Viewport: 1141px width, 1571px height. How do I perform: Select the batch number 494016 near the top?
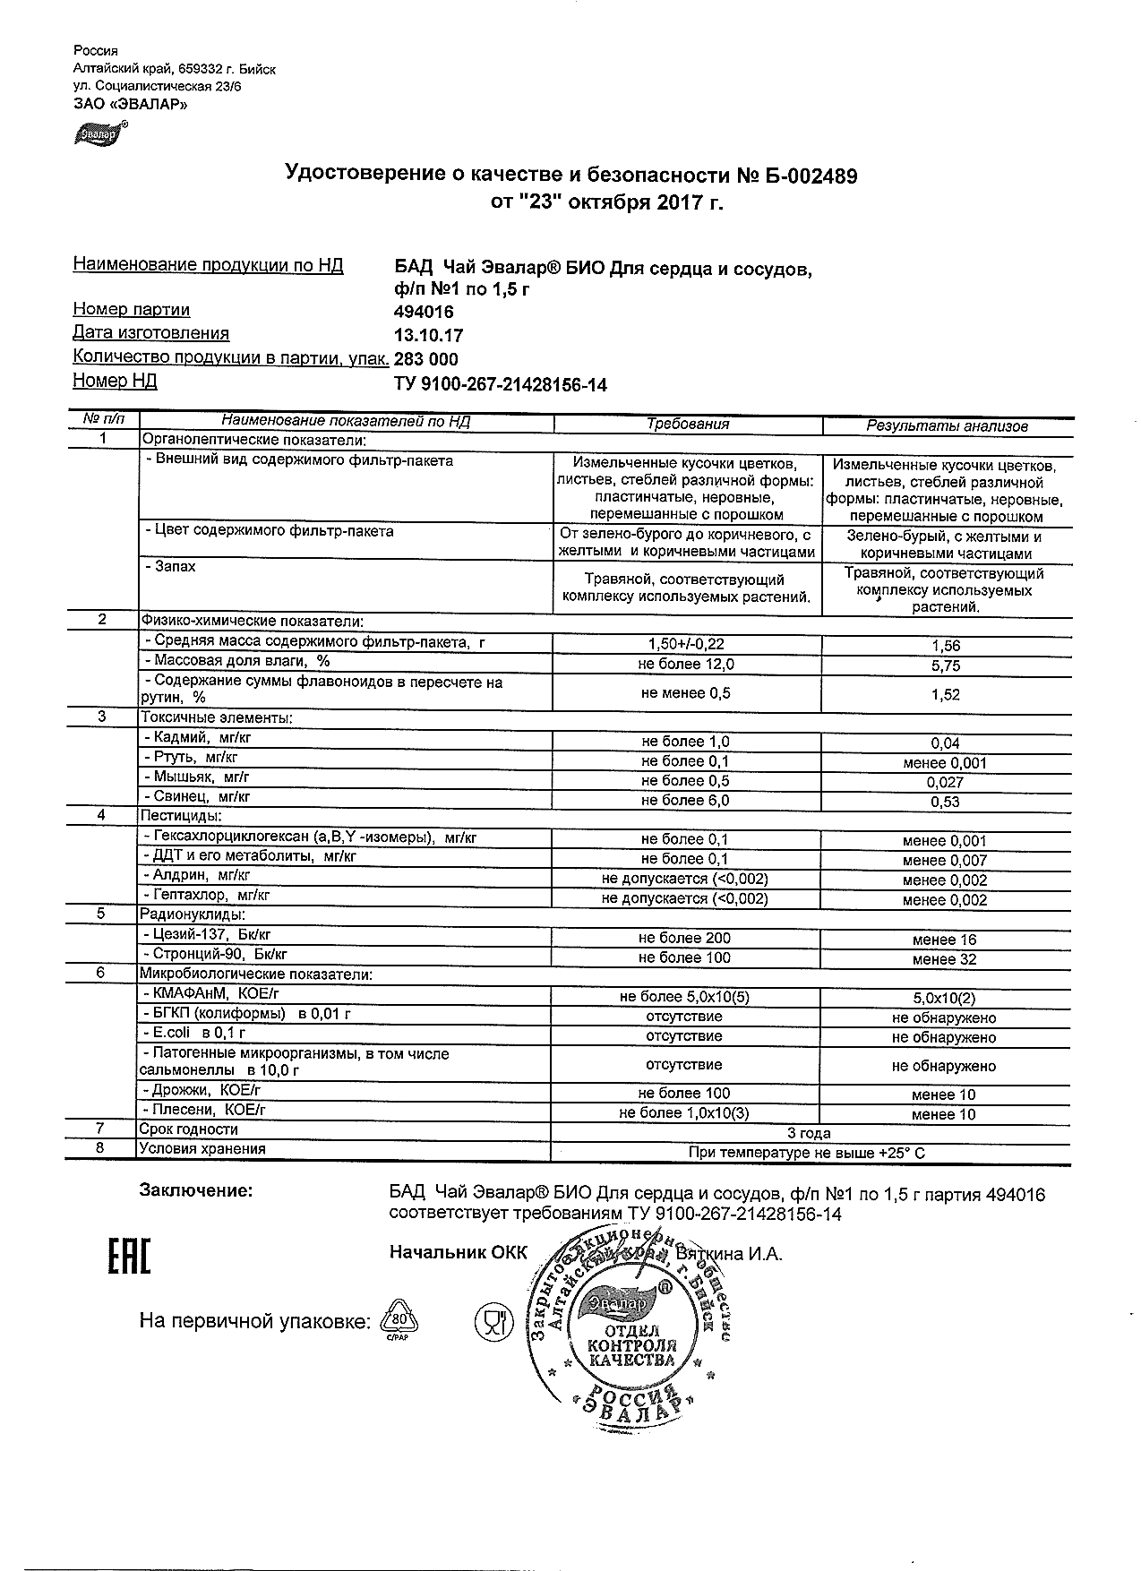point(424,313)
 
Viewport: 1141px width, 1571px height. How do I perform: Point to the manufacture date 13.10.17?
point(428,336)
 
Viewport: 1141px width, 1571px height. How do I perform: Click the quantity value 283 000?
point(426,359)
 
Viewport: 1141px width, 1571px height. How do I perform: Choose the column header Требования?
point(688,425)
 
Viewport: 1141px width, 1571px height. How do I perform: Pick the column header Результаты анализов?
point(947,426)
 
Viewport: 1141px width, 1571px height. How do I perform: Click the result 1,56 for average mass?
point(946,646)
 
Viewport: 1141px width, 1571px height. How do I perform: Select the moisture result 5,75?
point(946,665)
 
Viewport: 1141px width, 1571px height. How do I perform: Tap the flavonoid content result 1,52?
point(946,694)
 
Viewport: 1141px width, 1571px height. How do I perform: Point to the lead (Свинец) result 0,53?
point(946,802)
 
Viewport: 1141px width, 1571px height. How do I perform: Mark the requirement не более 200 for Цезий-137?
point(684,938)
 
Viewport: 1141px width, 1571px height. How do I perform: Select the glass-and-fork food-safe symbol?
point(491,1321)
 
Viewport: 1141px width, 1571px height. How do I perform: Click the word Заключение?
point(196,1191)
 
